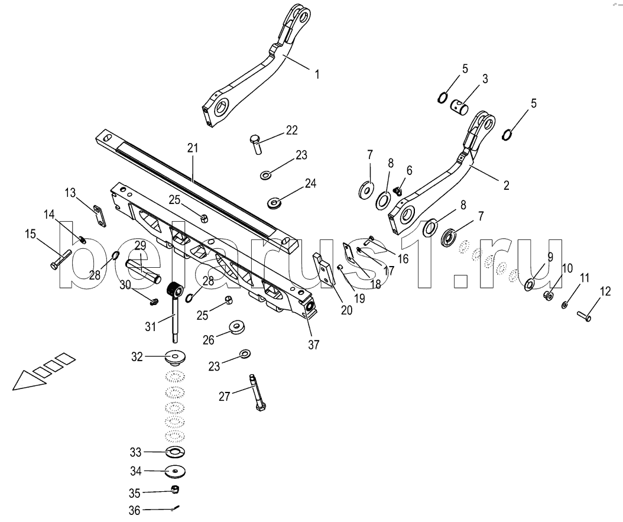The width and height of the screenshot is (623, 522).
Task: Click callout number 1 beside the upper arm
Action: pyautogui.click(x=317, y=74)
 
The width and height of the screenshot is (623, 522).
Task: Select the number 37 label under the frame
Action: pyautogui.click(x=313, y=345)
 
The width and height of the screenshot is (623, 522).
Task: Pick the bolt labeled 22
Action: pyautogui.click(x=256, y=144)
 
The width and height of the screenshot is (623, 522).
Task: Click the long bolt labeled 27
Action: pyautogui.click(x=257, y=393)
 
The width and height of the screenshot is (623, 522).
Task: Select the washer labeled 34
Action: pyautogui.click(x=175, y=472)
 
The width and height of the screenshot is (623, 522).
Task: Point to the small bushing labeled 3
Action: pyautogui.click(x=459, y=106)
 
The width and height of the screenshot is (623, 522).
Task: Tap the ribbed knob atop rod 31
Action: pyautogui.click(x=174, y=291)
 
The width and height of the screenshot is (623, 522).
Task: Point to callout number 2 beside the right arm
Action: pyautogui.click(x=506, y=184)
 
